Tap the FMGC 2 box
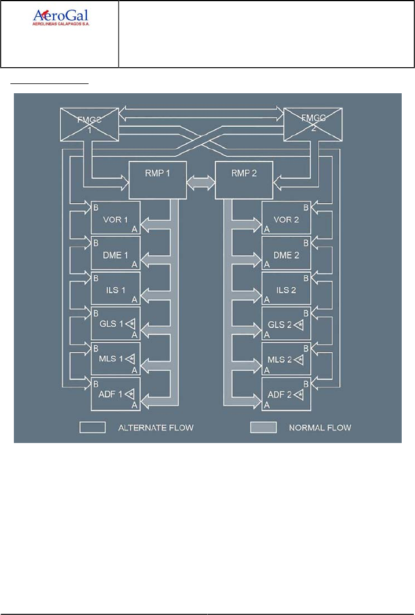[x=313, y=124]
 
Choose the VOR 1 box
[x=115, y=218]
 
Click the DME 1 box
[x=115, y=252]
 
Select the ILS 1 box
[x=115, y=287]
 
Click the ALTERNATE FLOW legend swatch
[x=93, y=427]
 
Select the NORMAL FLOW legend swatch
[x=262, y=427]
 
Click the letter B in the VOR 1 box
[x=95, y=207]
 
